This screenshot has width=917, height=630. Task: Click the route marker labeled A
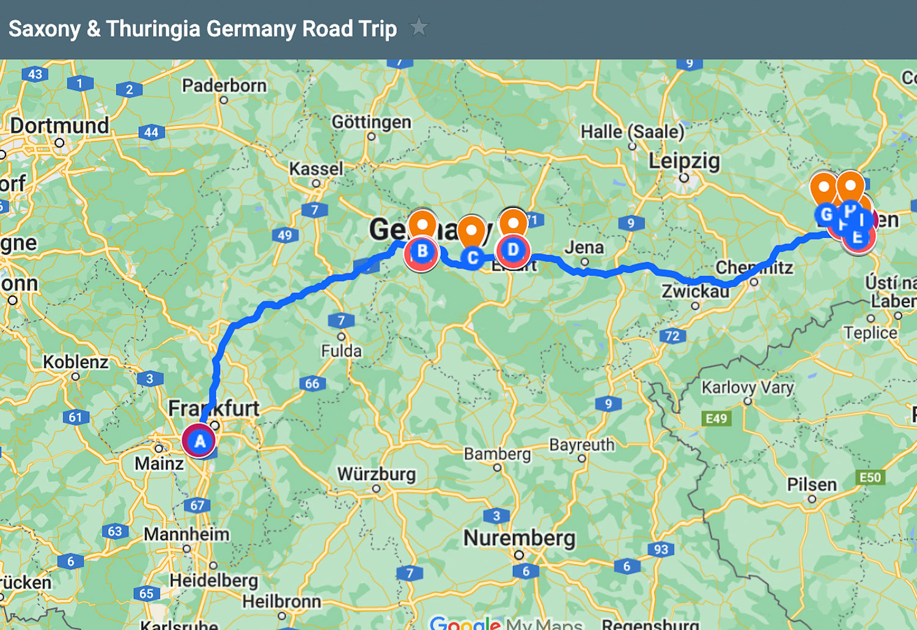[x=199, y=441]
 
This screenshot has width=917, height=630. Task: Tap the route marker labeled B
[x=422, y=251]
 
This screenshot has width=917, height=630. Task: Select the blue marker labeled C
[x=473, y=258]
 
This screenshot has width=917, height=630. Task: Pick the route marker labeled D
[x=513, y=250]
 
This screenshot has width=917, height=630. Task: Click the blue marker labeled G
[x=826, y=215]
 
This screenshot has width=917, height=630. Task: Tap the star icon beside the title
[x=419, y=28]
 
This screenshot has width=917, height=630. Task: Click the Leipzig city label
[x=684, y=161]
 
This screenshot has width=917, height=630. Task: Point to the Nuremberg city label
[x=520, y=538]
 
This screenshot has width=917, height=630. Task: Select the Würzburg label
[x=377, y=474]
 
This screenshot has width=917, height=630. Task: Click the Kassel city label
[x=316, y=168]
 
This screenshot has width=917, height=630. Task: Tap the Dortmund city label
[x=59, y=125]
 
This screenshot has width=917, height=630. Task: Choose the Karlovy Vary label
[x=748, y=387]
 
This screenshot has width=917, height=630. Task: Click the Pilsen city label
[x=812, y=484]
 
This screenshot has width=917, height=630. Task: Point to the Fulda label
[x=341, y=351]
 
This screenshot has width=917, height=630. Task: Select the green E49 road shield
[x=716, y=418]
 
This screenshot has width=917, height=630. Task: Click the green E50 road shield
[x=870, y=477]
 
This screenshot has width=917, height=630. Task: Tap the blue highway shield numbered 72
[x=672, y=336]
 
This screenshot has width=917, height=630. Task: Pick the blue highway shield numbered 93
[x=661, y=549]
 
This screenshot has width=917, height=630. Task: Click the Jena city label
[x=584, y=247]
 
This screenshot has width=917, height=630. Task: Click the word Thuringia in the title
[x=153, y=29]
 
